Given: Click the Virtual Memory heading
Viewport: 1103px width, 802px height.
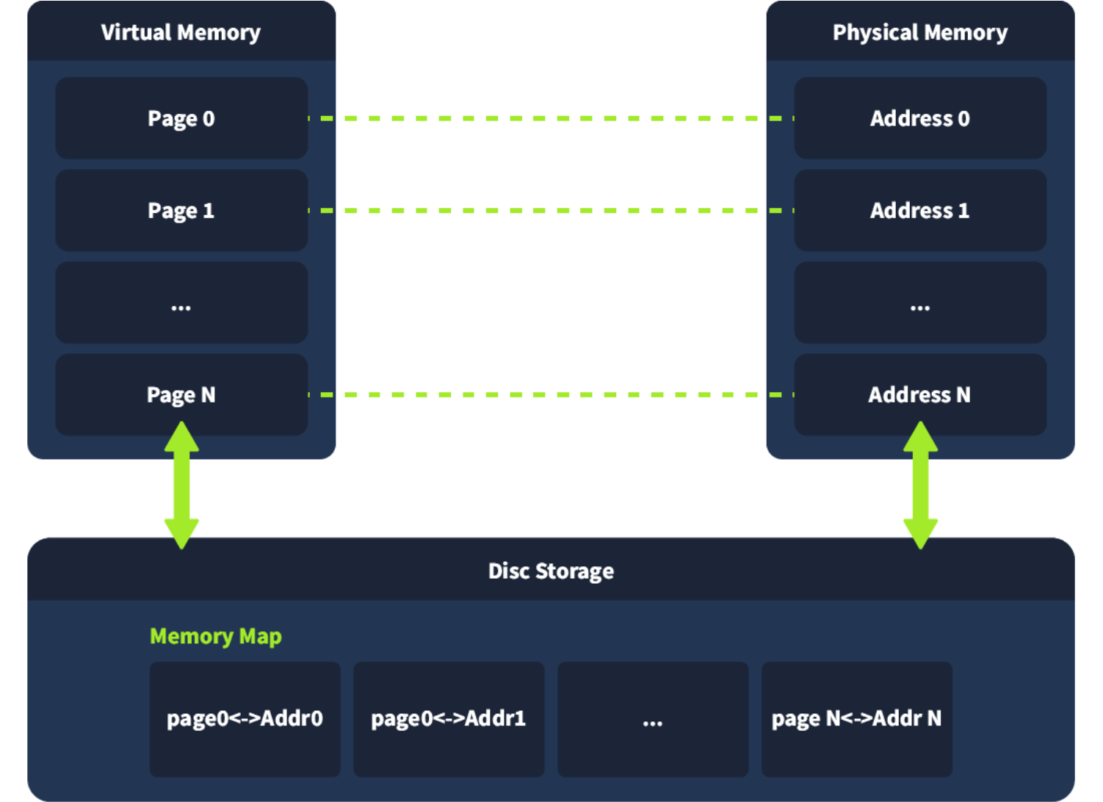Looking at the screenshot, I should pyautogui.click(x=181, y=32).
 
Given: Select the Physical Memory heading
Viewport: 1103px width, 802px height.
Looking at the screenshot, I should pyautogui.click(x=919, y=32).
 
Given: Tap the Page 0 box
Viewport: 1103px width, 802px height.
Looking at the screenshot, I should pyautogui.click(x=181, y=118).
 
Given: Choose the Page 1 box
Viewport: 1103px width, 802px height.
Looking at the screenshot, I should pyautogui.click(x=181, y=211).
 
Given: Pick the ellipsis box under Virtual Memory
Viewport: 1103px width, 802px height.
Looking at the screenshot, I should pyautogui.click(x=181, y=303).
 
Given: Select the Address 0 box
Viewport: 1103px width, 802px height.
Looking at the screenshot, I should pyautogui.click(x=920, y=118).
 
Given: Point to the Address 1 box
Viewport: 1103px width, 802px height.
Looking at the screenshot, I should pyautogui.click(x=920, y=211).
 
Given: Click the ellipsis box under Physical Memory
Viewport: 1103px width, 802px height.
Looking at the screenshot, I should pyautogui.click(x=920, y=303).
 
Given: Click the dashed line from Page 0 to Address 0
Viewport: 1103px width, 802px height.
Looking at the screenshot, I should pyautogui.click(x=551, y=118).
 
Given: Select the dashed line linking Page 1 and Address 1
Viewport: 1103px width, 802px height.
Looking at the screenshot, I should pyautogui.click(x=551, y=211).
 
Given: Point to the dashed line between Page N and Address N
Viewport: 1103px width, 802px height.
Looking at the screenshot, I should pyautogui.click(x=551, y=395).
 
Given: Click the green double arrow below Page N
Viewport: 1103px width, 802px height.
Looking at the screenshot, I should pyautogui.click(x=181, y=485).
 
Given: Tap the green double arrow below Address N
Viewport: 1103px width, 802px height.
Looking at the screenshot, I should pyautogui.click(x=920, y=485).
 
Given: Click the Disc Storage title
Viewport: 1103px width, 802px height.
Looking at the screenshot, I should pyautogui.click(x=551, y=571).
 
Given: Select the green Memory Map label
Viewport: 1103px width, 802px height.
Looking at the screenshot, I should pyautogui.click(x=215, y=636).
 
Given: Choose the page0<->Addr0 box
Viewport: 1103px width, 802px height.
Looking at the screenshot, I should pyautogui.click(x=245, y=718).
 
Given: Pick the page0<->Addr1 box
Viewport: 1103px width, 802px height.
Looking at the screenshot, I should pyautogui.click(x=449, y=718).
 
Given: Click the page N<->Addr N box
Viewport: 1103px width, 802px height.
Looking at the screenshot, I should pyautogui.click(x=856, y=718).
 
